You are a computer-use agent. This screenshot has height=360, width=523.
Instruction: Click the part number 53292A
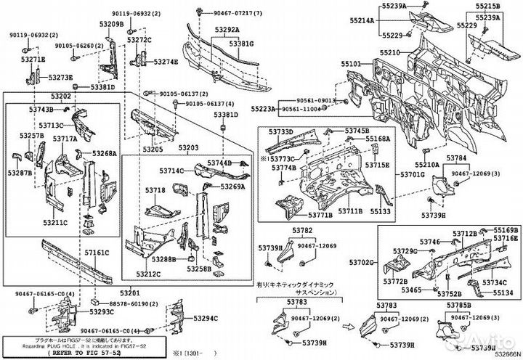226,30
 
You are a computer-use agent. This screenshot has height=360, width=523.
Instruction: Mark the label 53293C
102,311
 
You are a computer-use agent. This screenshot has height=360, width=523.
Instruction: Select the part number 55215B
487,6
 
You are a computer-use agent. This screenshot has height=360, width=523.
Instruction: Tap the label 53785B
458,306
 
